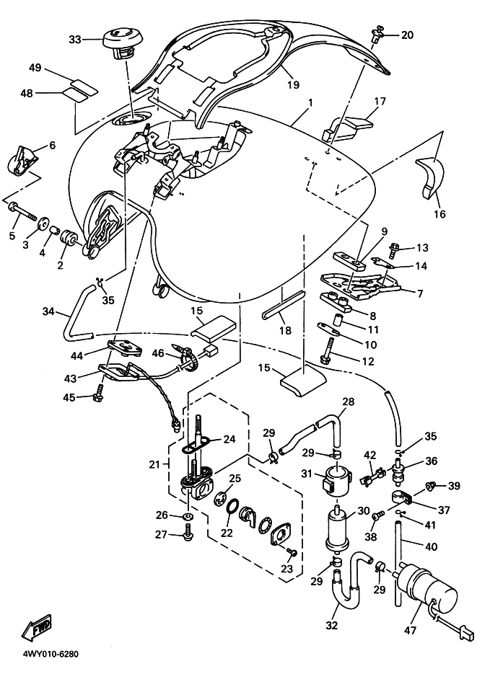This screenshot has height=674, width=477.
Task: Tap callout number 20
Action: click(x=407, y=35)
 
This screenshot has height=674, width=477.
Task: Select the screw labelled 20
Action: click(x=377, y=34)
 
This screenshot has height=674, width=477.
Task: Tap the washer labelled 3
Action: click(x=43, y=221)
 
